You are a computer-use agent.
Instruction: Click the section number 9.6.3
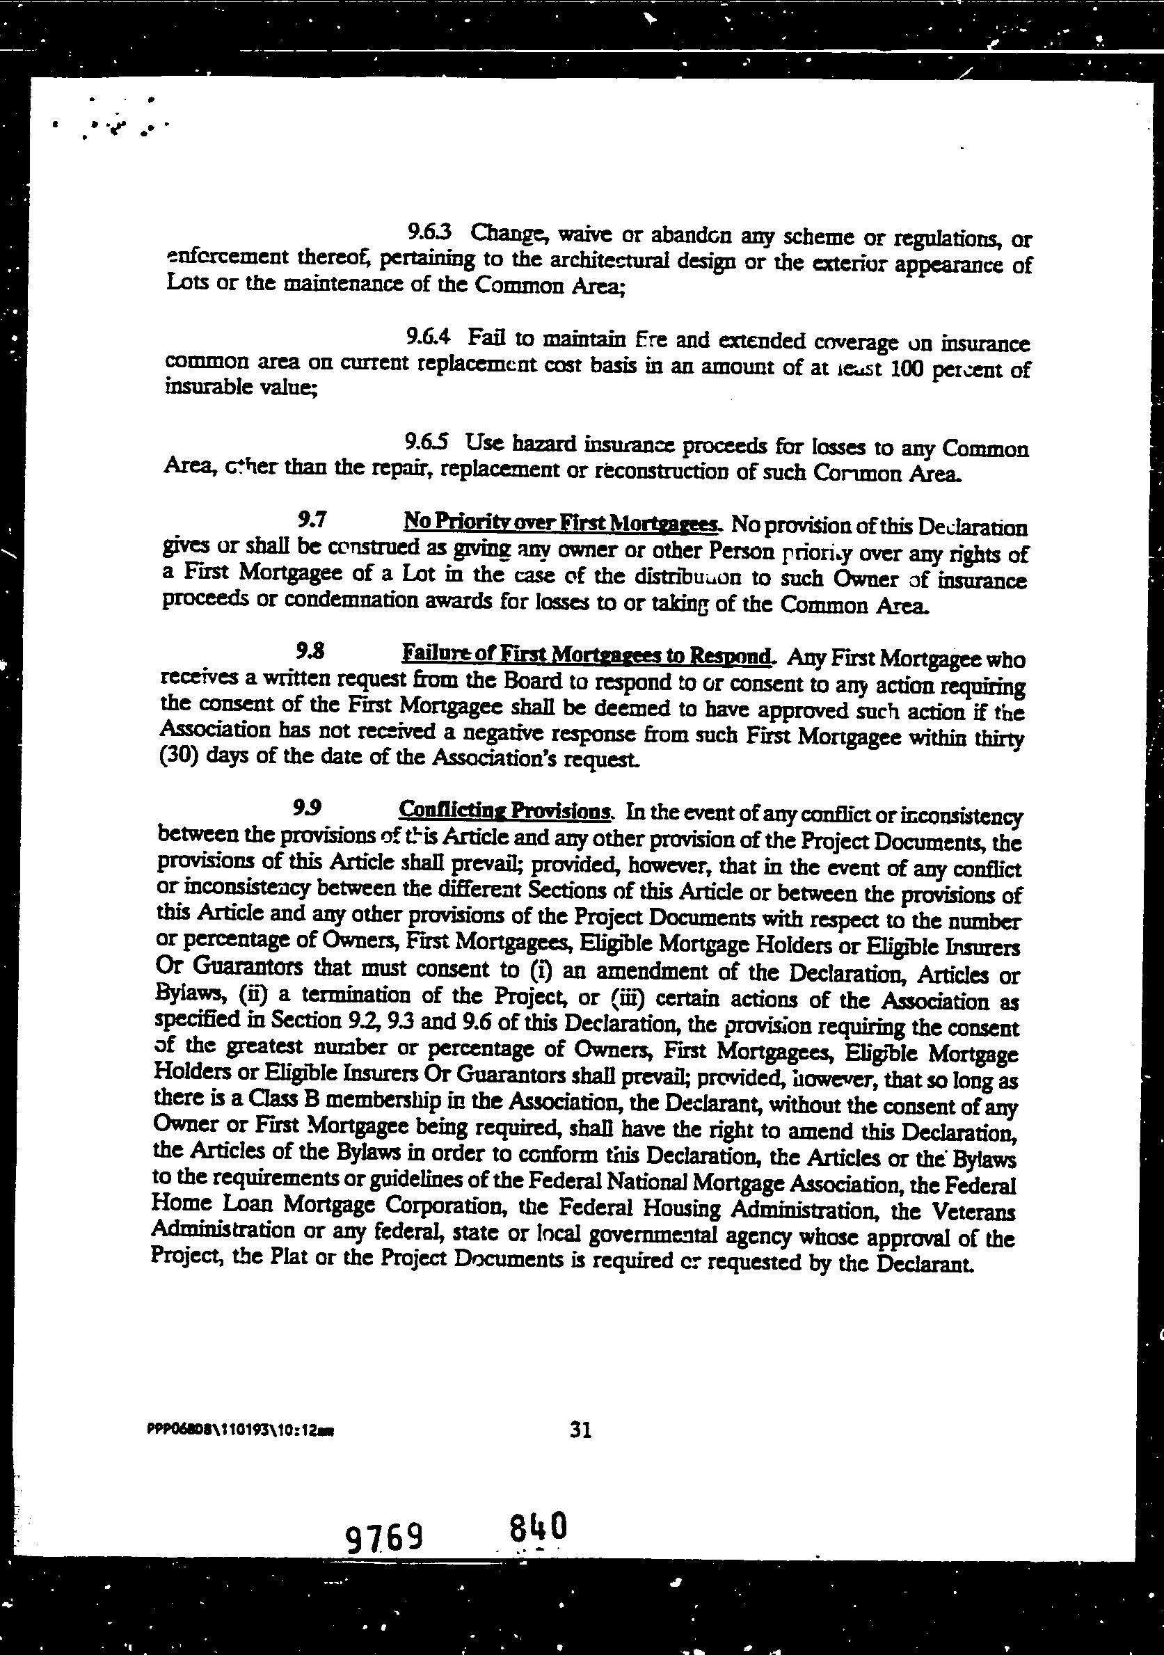(x=429, y=232)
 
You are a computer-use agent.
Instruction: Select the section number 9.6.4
(x=428, y=336)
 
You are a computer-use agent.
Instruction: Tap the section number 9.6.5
(x=427, y=440)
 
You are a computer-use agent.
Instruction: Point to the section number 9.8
(x=310, y=653)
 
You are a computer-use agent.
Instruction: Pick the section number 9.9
(x=308, y=809)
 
